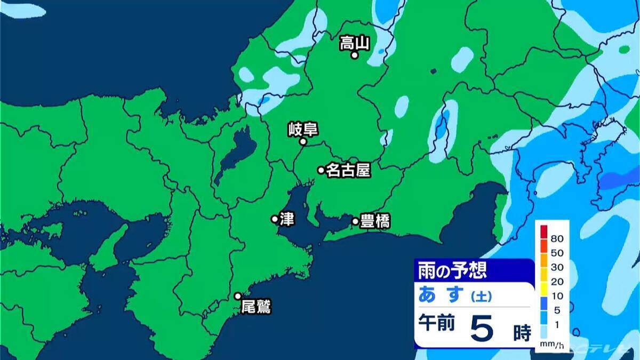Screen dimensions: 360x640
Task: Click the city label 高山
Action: [355, 43]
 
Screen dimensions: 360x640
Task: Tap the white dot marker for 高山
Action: [354, 54]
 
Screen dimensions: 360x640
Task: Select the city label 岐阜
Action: [303, 129]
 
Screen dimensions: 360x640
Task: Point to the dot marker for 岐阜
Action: [302, 142]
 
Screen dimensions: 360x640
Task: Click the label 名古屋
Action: [348, 170]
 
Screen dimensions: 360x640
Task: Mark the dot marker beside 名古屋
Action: [321, 170]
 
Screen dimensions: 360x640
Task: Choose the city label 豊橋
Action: [375, 221]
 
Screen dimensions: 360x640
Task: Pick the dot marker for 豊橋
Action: [355, 221]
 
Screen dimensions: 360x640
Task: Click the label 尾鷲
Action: [256, 307]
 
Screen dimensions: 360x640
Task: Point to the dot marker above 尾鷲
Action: [238, 296]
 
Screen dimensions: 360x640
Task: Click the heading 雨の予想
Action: [451, 270]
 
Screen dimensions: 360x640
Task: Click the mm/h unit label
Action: [548, 345]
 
